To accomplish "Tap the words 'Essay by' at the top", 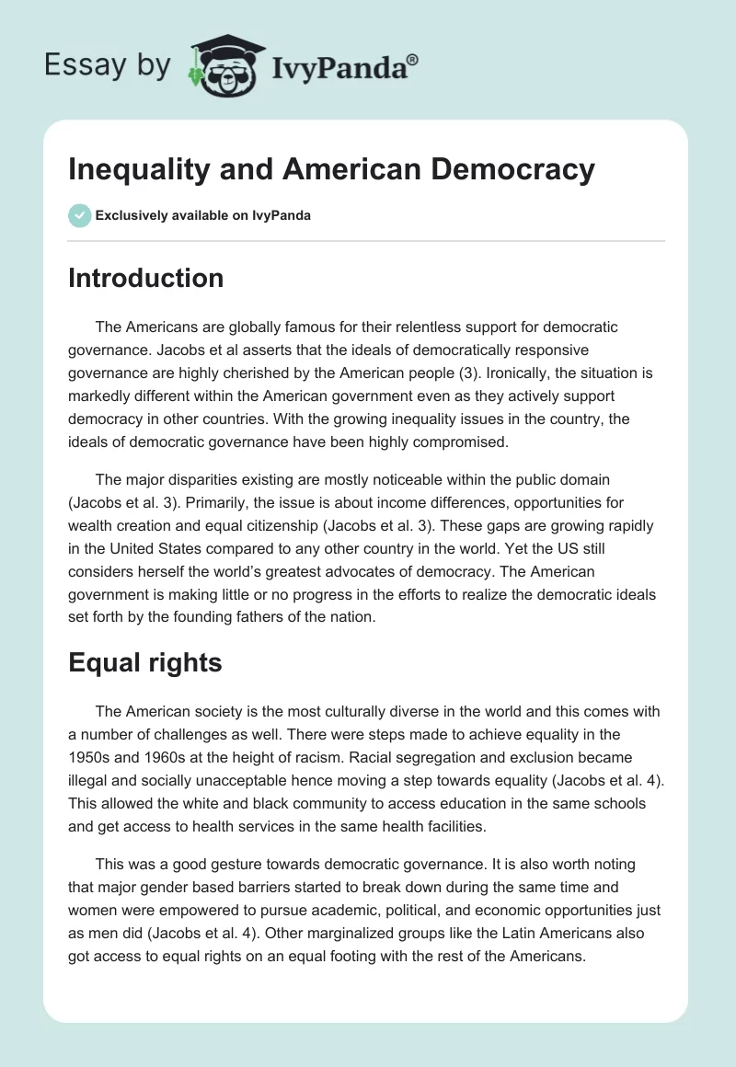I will point(108,65).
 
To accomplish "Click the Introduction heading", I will point(145,278).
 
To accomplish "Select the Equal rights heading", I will point(144,662).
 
